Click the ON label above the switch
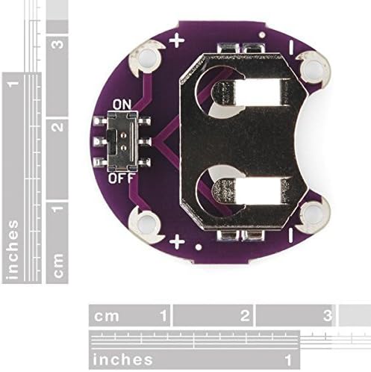122,105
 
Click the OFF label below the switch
122,178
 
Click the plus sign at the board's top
177,41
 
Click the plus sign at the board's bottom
177,241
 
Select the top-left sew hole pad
148,61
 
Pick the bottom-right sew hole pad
313,214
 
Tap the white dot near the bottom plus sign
199,247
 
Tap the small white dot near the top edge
262,35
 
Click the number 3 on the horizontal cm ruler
328,315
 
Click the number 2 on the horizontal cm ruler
245,315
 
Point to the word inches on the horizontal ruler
122,359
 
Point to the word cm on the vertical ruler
57,265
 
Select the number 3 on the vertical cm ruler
59,44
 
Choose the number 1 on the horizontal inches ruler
288,360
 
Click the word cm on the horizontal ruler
106,316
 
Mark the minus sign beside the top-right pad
291,48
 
